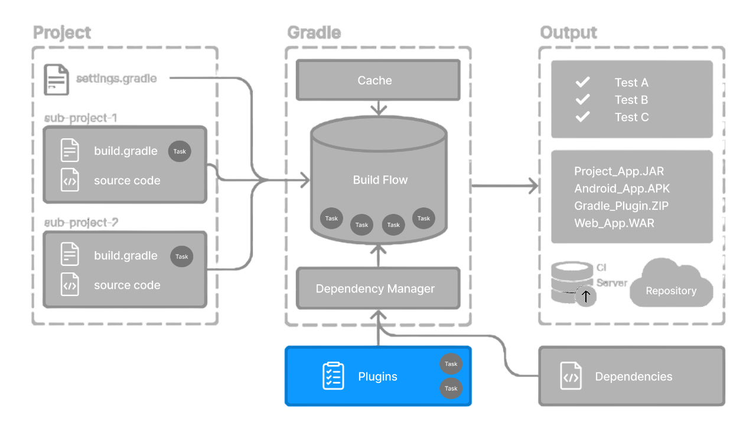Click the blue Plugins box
pos(378,376)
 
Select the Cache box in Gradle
pos(378,80)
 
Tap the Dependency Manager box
pos(378,288)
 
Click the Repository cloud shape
pos(671,287)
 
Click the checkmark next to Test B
pos(583,99)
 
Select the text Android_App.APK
pos(622,189)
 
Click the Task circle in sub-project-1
pos(180,151)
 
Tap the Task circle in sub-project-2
pos(181,256)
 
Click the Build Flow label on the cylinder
pos(380,180)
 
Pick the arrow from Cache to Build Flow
pos(378,108)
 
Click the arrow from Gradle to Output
pos(505,186)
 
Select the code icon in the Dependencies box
pos(571,376)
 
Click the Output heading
pos(568,33)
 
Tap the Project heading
pos(62,33)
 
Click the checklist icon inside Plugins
pos(333,376)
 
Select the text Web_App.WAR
pos(614,223)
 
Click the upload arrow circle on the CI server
pos(585,295)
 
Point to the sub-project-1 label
pos(81,118)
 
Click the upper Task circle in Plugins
pos(451,364)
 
